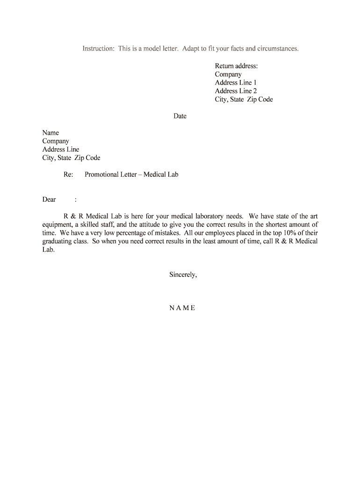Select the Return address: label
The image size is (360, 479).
[x=236, y=66]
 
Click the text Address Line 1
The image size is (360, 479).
[x=236, y=83]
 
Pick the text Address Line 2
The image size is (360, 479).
[x=236, y=91]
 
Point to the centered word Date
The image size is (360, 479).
[x=180, y=116]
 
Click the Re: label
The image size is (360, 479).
[x=68, y=174]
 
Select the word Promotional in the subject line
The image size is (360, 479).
[x=101, y=174]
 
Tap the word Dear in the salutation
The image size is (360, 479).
[x=49, y=200]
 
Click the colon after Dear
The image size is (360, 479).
[x=75, y=200]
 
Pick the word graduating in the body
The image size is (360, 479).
[x=57, y=241]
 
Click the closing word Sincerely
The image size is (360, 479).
[x=183, y=275]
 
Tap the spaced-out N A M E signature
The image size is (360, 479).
[x=182, y=308]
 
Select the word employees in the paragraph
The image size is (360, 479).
[x=224, y=233]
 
